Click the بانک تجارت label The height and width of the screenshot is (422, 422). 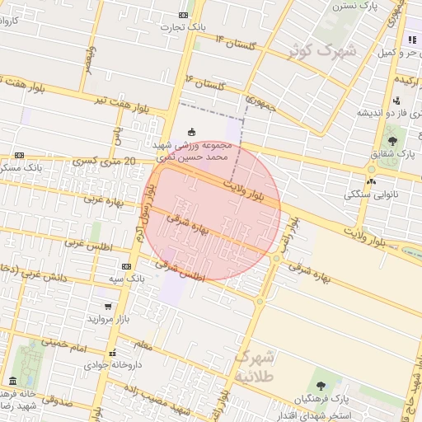pos(185,27)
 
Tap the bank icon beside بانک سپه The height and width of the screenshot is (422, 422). pos(126,266)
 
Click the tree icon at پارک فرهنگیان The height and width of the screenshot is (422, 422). pos(320,385)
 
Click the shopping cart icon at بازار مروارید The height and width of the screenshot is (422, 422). pos(108,306)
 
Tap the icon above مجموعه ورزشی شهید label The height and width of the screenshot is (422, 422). pos(192,131)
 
